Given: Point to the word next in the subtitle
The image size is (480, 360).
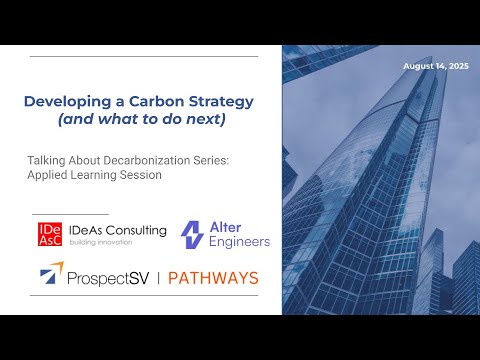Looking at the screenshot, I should click(x=235, y=119).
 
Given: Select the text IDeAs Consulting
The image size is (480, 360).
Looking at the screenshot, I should click(x=115, y=229).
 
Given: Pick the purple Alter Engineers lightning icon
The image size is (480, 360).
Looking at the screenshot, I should click(x=192, y=234).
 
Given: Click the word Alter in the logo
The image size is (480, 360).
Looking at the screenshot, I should click(x=225, y=226).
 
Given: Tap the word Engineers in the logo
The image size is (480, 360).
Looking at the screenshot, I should click(x=240, y=242).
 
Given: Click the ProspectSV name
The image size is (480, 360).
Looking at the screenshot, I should click(x=112, y=276).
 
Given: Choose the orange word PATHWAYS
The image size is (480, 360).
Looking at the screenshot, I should click(x=212, y=276).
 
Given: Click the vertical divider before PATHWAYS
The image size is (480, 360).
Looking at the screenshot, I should click(x=156, y=276).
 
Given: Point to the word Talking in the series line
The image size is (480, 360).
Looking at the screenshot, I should click(x=45, y=158).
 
